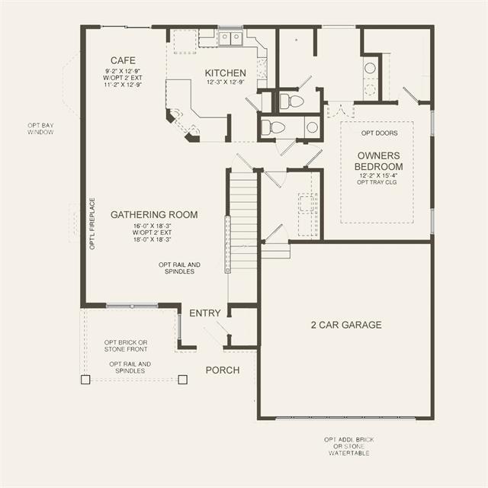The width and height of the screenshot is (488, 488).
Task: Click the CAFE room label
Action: (123, 60)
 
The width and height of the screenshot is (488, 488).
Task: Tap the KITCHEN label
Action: (226, 73)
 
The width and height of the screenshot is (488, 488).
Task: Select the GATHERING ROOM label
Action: (154, 214)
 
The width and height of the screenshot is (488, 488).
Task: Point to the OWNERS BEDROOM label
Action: (378, 161)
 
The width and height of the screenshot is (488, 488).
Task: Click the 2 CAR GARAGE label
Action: (346, 325)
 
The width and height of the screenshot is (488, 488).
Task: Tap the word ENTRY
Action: (205, 313)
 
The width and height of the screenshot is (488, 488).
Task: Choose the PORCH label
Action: (223, 370)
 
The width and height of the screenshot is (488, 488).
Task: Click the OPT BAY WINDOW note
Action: (40, 129)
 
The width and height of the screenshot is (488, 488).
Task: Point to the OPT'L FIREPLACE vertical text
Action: (92, 223)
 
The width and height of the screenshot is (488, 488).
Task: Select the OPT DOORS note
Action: (380, 133)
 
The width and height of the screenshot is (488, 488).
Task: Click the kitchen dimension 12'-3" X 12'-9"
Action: (226, 82)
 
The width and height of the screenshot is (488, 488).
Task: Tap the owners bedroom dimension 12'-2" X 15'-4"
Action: (378, 175)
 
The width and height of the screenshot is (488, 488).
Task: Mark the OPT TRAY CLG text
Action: (377, 182)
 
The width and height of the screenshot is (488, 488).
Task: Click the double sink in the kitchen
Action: (230, 38)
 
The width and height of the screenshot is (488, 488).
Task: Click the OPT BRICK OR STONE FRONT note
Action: (126, 345)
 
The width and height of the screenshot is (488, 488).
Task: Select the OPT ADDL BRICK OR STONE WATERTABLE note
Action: (349, 446)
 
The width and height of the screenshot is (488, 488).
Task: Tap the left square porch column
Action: (85, 380)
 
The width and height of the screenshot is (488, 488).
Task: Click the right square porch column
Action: (183, 380)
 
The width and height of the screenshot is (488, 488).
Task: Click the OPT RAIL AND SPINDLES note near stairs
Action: (180, 268)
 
